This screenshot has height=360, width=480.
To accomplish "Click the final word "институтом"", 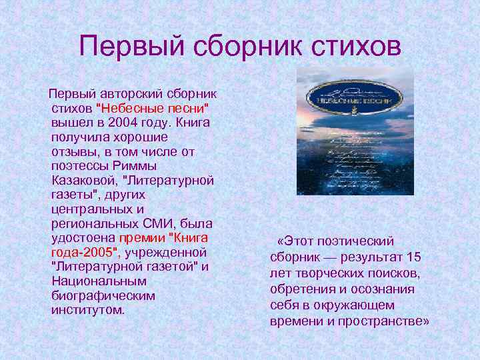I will tap(87, 310).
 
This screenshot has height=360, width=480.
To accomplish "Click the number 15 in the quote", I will tap(413, 257).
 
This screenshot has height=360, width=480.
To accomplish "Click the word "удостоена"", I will tap(83, 238).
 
